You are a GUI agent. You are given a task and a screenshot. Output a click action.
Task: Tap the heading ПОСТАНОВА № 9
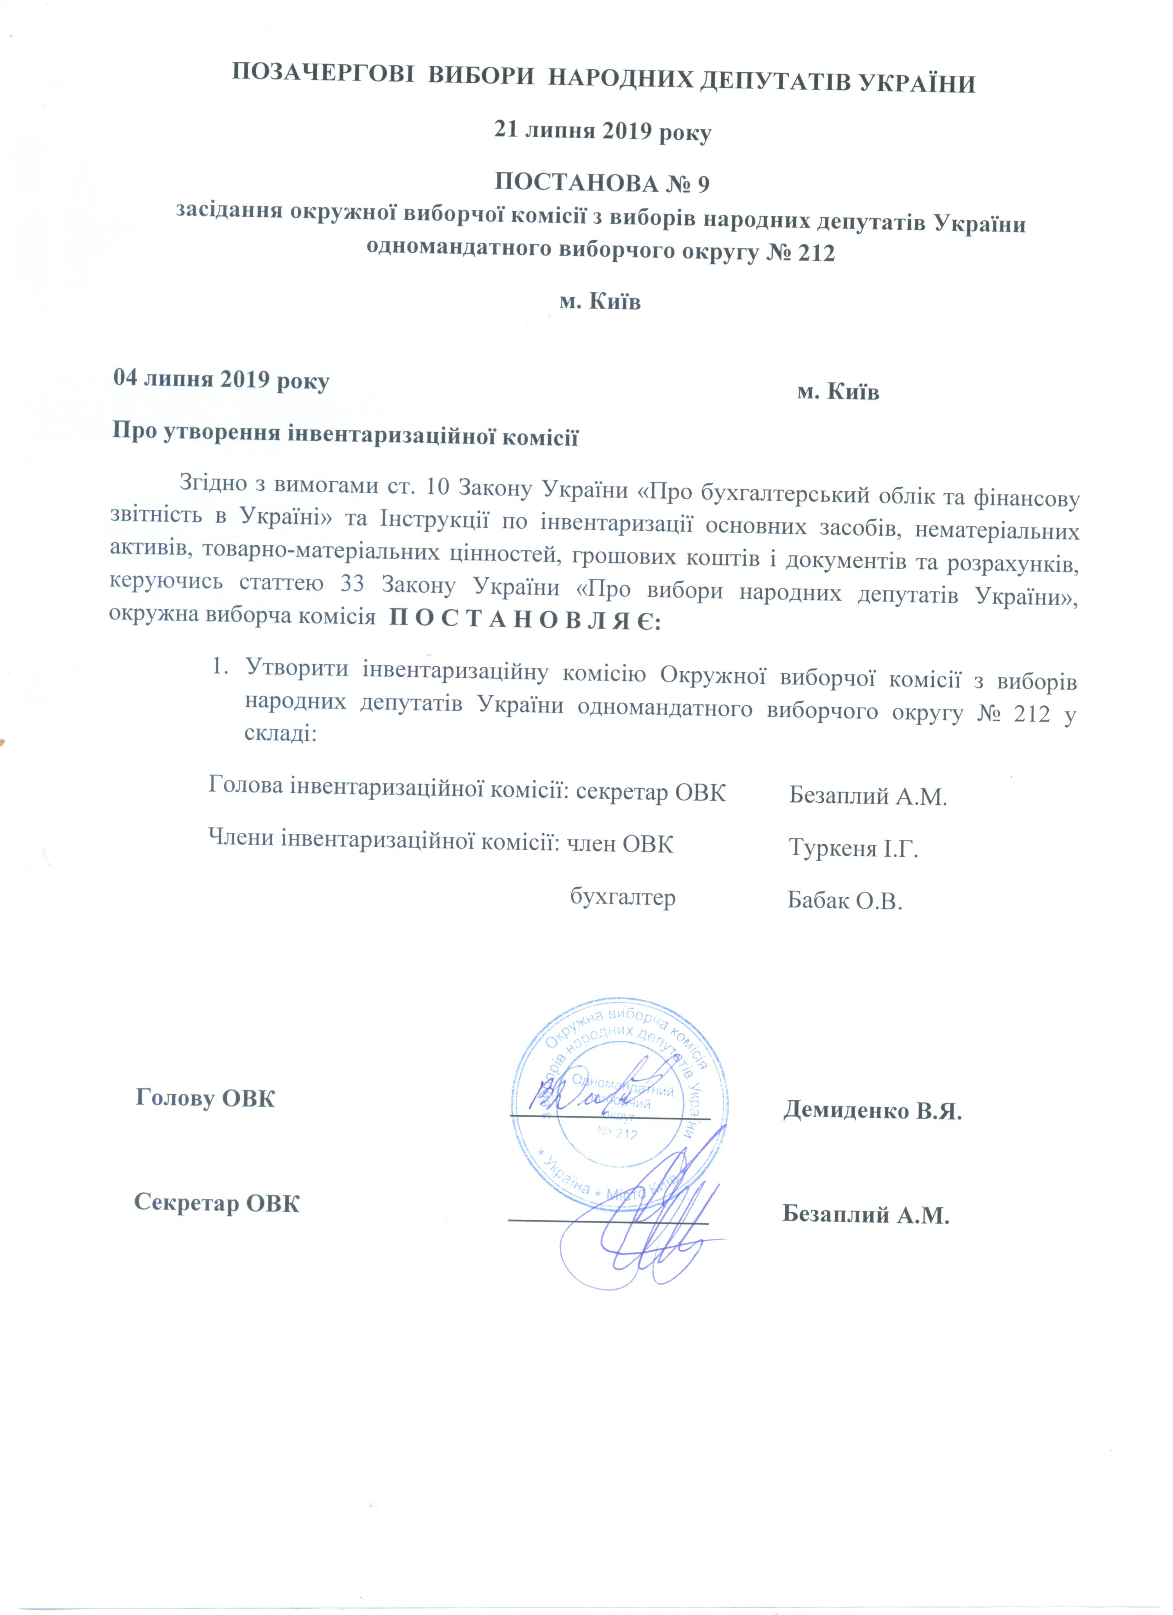coord(602,184)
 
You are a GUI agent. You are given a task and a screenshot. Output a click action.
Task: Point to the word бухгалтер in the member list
coord(623,897)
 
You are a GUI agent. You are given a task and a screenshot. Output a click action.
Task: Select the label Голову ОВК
coord(205,1098)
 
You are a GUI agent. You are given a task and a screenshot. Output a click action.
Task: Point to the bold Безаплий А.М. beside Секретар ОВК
coord(866,1214)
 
